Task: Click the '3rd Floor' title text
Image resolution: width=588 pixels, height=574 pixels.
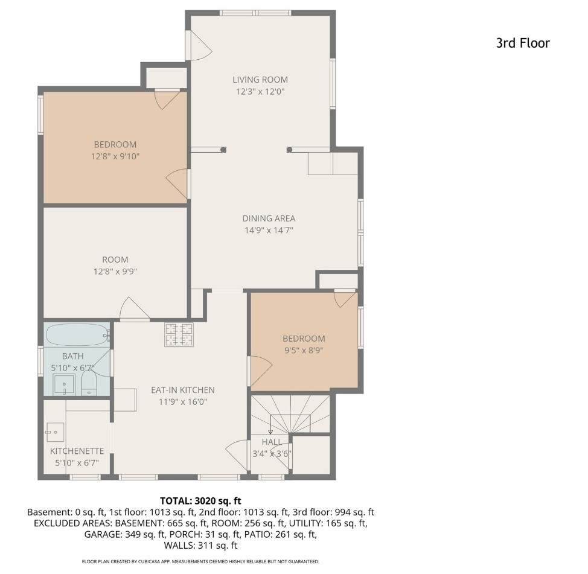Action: click(523, 43)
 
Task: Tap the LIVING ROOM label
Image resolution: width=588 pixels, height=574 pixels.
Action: click(260, 80)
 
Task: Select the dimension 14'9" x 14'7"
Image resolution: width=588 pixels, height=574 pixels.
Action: click(269, 230)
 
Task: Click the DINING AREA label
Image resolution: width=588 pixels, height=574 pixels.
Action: click(269, 218)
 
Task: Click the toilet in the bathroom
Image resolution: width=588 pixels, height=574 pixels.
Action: click(89, 383)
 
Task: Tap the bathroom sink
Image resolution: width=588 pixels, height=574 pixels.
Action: click(63, 383)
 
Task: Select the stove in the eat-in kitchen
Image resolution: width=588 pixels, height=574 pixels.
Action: click(179, 334)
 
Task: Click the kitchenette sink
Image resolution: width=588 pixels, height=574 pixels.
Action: click(55, 431)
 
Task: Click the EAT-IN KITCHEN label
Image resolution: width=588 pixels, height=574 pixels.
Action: click(182, 390)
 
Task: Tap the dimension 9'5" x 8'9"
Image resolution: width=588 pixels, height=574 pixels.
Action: click(304, 350)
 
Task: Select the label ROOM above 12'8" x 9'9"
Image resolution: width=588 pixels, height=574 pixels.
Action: click(115, 260)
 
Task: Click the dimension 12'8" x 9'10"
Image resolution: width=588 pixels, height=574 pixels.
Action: click(115, 156)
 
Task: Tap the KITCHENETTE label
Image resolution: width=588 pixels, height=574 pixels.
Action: click(77, 451)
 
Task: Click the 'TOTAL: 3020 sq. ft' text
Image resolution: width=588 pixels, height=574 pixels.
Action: click(200, 500)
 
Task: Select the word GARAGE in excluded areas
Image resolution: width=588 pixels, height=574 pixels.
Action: click(103, 534)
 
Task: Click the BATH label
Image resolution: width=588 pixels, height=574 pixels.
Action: click(72, 356)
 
